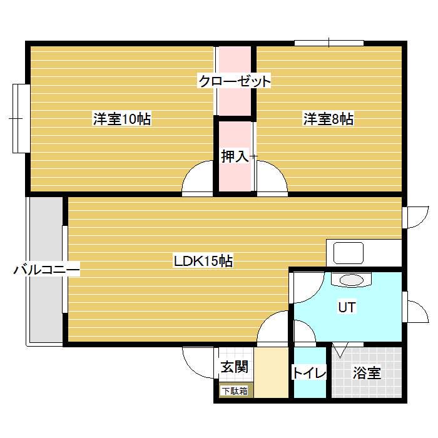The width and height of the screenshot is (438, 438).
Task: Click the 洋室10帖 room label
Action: (x=122, y=119)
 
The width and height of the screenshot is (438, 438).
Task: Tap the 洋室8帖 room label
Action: (x=328, y=119)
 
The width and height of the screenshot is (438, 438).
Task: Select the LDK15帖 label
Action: (x=203, y=261)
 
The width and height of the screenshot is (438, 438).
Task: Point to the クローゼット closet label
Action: (x=235, y=81)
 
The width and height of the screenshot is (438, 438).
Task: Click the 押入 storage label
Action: (x=235, y=156)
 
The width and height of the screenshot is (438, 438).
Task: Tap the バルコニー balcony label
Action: (x=47, y=270)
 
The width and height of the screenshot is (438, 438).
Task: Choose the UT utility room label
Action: (x=347, y=307)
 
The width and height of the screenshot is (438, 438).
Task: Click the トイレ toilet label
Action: (x=309, y=372)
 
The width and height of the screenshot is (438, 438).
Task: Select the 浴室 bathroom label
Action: (x=367, y=372)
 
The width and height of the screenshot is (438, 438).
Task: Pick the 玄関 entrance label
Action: (x=235, y=367)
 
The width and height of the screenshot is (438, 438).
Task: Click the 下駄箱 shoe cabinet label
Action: (x=235, y=391)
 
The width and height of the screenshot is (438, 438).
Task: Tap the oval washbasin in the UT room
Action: (x=351, y=280)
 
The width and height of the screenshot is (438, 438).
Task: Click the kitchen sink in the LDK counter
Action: (x=349, y=253)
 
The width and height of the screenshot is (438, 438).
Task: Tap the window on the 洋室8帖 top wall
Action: (x=329, y=43)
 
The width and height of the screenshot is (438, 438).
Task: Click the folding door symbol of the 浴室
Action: (x=340, y=350)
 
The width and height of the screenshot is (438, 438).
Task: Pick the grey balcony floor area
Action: (x=46, y=270)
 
